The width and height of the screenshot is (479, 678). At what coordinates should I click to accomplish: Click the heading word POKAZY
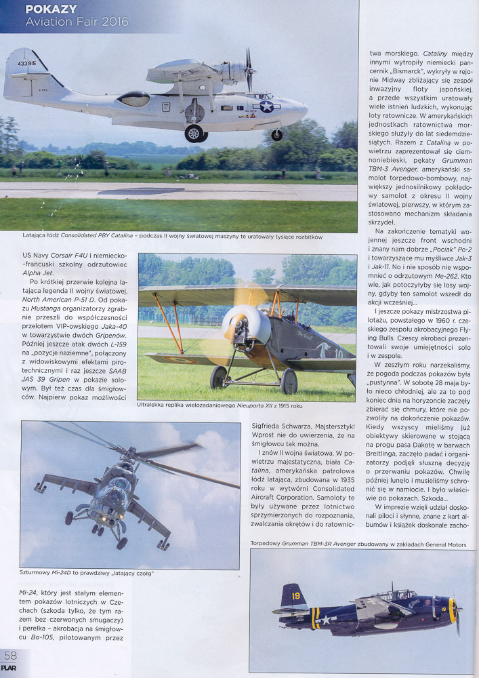50,9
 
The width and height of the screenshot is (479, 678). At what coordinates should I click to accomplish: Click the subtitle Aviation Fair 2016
76,22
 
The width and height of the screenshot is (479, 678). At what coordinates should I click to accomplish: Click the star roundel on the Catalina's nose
267,106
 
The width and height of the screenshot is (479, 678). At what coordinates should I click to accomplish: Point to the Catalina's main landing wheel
194,133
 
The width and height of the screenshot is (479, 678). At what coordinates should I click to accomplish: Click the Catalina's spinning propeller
249,70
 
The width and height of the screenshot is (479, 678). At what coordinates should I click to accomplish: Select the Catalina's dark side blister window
134,98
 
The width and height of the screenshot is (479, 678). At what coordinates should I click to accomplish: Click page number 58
10,656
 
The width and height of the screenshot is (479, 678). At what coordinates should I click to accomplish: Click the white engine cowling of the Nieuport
247,323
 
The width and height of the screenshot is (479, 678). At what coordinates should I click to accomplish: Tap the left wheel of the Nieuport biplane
219,378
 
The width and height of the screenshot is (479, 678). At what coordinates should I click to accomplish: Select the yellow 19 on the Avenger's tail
295,595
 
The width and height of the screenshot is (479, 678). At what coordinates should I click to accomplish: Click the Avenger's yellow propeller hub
453,610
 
